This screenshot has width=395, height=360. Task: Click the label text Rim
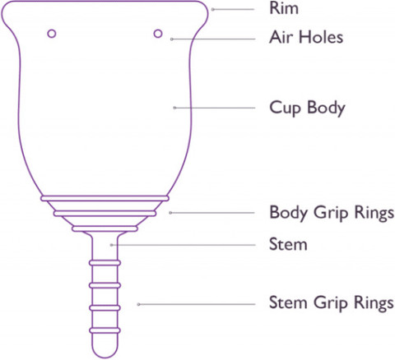coord(284,8)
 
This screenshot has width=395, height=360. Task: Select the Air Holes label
coord(306,37)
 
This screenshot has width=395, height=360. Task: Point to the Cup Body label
coord(307,108)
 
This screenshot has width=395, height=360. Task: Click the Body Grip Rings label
coord(332,213)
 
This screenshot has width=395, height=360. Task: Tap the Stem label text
coord(288,244)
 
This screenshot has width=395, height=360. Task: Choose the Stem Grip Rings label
coord(332,303)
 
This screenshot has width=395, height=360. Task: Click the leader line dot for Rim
coord(213,9)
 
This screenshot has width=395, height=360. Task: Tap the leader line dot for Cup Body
coord(174,108)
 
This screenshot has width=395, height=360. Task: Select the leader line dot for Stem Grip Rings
coord(139,304)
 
